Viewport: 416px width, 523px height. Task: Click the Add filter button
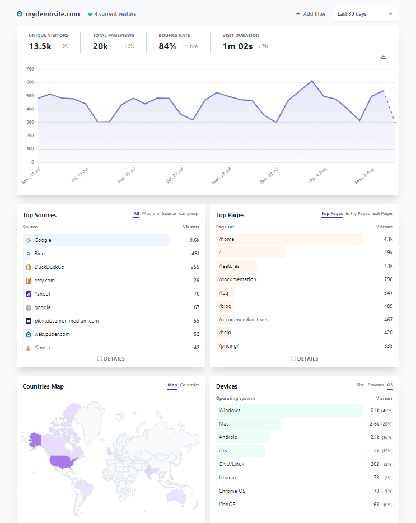(311, 14)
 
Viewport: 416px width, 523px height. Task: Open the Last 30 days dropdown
(365, 14)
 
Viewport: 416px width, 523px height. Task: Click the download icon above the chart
(384, 57)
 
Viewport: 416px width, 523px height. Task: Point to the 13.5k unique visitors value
(40, 46)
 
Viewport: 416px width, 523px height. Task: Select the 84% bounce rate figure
(167, 46)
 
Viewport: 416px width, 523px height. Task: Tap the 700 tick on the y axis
(30, 69)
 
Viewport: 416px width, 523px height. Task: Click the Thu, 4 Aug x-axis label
(316, 174)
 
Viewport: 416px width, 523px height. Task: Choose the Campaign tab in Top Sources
(189, 213)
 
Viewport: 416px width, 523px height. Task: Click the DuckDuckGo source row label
(49, 267)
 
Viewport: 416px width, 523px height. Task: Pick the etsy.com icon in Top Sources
(28, 281)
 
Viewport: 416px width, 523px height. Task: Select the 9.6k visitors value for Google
(194, 240)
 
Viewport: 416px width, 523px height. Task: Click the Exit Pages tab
(382, 213)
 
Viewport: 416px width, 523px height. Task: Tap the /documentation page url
(237, 279)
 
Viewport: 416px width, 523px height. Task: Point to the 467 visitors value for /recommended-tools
(387, 320)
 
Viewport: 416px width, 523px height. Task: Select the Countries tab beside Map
(190, 385)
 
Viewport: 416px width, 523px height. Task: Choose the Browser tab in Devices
(376, 385)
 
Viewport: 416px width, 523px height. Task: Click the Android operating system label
(228, 437)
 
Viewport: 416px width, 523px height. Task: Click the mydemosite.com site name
(53, 14)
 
